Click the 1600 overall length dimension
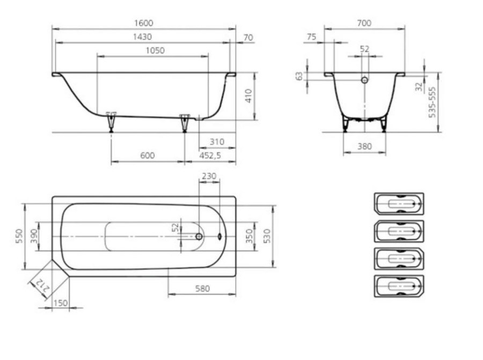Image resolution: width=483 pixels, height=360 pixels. point(143,23)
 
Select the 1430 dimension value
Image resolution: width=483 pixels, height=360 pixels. point(142,37)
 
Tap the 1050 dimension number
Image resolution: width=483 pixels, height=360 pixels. point(155,50)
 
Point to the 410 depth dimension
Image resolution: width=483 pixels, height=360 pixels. point(249,96)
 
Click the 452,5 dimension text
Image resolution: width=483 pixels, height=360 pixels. point(210,156)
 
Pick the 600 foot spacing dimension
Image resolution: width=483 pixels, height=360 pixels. point(147,156)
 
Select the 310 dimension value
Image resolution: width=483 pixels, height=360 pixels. point(217,142)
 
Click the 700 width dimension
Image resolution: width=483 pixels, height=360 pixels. point(364,23)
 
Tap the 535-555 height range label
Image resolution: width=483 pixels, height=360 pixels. point(433,102)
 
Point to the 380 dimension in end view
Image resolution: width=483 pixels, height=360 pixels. point(364,146)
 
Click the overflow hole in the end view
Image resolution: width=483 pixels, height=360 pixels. point(364,80)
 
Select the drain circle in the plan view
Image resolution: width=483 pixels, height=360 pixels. point(199,237)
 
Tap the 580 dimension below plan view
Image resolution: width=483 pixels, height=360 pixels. point(202,289)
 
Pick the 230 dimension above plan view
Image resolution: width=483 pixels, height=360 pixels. point(209,176)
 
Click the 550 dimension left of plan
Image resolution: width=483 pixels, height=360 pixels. point(19,236)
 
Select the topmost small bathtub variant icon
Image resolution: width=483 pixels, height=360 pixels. point(399,204)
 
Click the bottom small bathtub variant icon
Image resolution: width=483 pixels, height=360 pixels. point(399,286)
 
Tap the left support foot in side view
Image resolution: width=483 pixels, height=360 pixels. point(111,122)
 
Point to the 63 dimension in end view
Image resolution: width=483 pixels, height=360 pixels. point(299,76)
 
